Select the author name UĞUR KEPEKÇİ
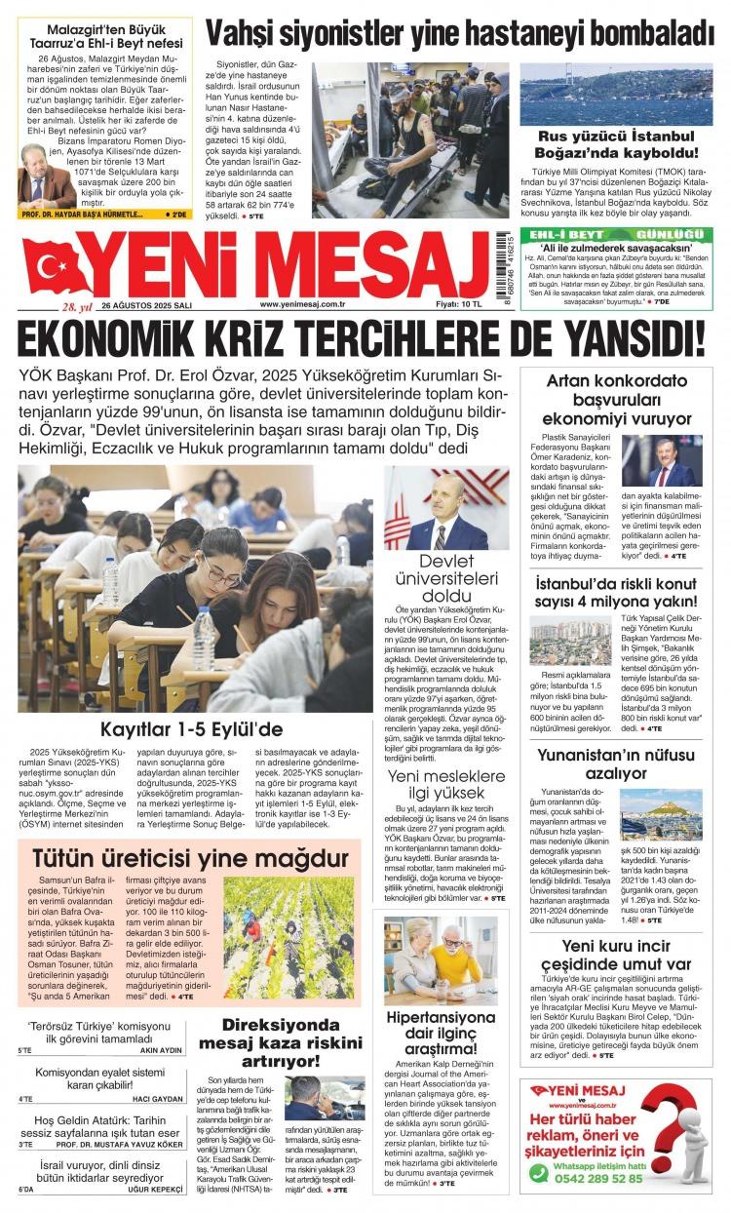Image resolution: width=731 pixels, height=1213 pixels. tap(159, 1192)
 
